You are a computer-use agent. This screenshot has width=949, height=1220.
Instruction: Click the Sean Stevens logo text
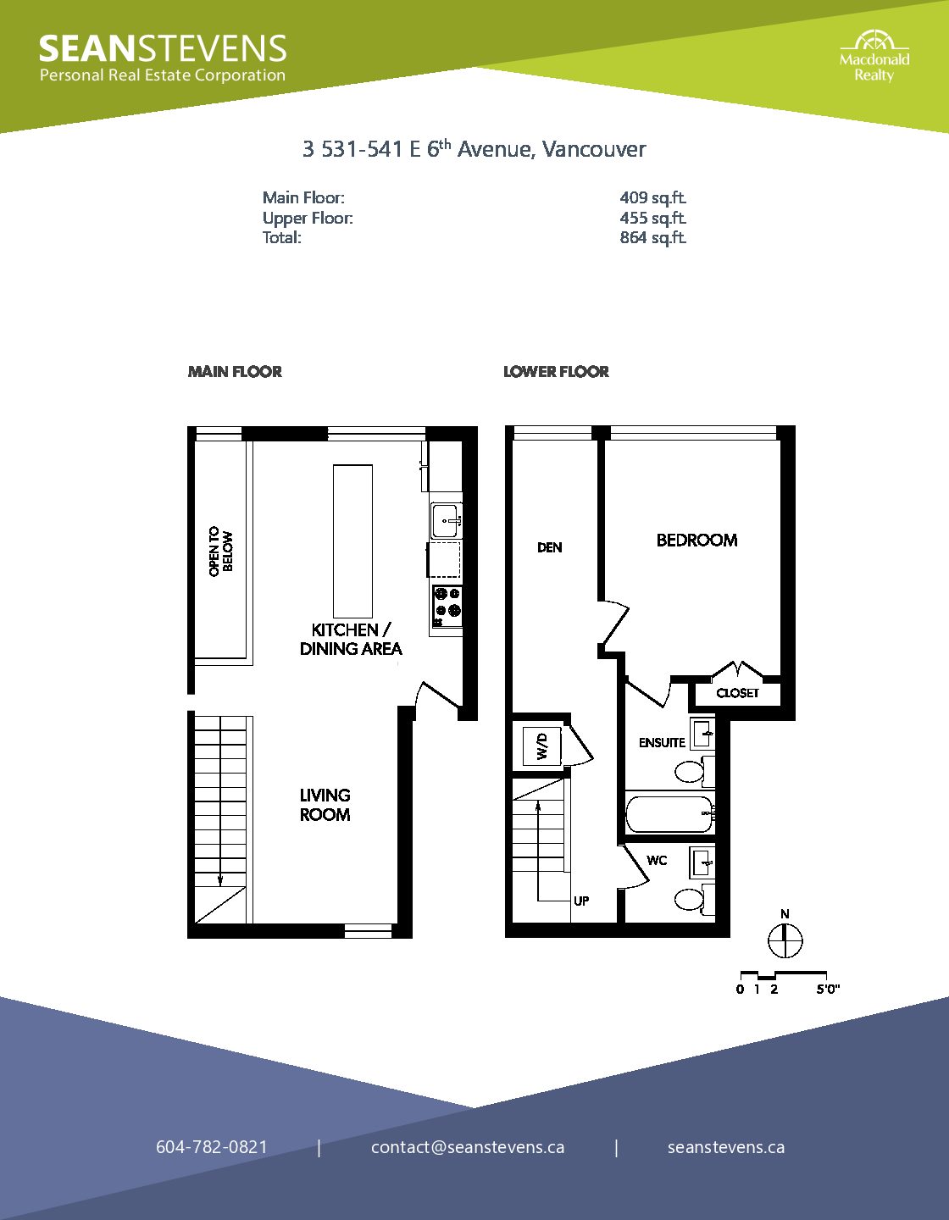163,58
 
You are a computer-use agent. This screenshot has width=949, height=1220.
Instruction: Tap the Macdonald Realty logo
874,57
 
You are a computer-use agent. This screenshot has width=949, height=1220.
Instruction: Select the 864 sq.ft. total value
652,237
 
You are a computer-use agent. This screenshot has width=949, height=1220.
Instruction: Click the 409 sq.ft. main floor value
652,197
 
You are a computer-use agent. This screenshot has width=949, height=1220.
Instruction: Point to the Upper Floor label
308,218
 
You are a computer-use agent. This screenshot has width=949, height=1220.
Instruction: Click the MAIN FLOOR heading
235,372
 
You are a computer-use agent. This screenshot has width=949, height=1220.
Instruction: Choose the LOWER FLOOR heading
556,372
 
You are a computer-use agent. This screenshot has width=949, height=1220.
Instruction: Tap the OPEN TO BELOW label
220,552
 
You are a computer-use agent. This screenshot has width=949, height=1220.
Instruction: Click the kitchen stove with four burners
447,606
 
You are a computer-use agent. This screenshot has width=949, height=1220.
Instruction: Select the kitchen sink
447,520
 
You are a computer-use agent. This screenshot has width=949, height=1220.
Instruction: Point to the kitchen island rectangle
352,541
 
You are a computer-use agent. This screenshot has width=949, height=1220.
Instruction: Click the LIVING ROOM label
325,805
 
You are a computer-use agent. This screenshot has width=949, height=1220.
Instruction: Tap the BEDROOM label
696,540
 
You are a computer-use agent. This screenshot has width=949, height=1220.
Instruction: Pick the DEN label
549,547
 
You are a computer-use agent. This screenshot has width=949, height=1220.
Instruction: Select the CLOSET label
737,693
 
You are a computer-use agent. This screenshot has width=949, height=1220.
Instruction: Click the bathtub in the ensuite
670,813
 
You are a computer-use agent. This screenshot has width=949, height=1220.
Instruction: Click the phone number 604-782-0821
212,1146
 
